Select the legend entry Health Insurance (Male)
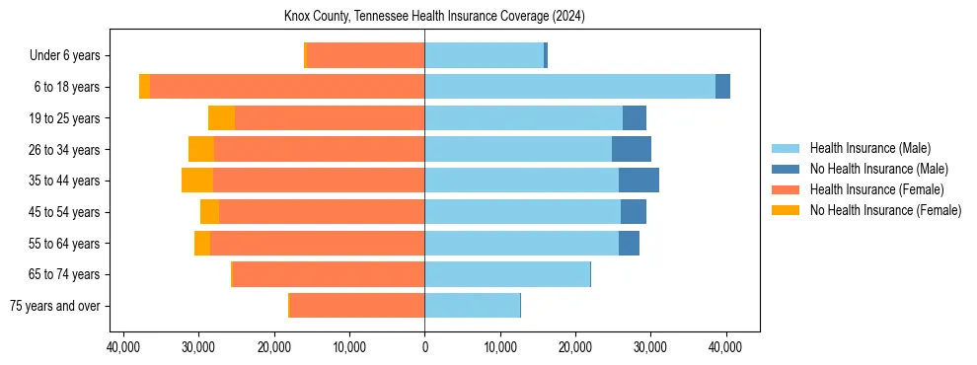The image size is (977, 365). [869, 148]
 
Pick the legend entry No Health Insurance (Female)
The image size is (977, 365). [885, 210]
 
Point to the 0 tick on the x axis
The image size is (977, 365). [424, 347]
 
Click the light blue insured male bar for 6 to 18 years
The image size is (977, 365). [569, 87]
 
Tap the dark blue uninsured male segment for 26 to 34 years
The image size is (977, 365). [632, 149]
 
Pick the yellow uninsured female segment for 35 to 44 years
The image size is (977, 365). [197, 181]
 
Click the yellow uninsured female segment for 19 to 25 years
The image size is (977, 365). [221, 118]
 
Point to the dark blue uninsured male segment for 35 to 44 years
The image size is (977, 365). [639, 181]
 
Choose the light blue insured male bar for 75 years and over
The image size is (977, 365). [472, 306]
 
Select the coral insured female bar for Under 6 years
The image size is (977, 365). [366, 55]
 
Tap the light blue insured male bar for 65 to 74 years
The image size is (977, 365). [507, 274]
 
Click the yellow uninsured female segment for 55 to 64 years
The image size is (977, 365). [202, 243]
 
